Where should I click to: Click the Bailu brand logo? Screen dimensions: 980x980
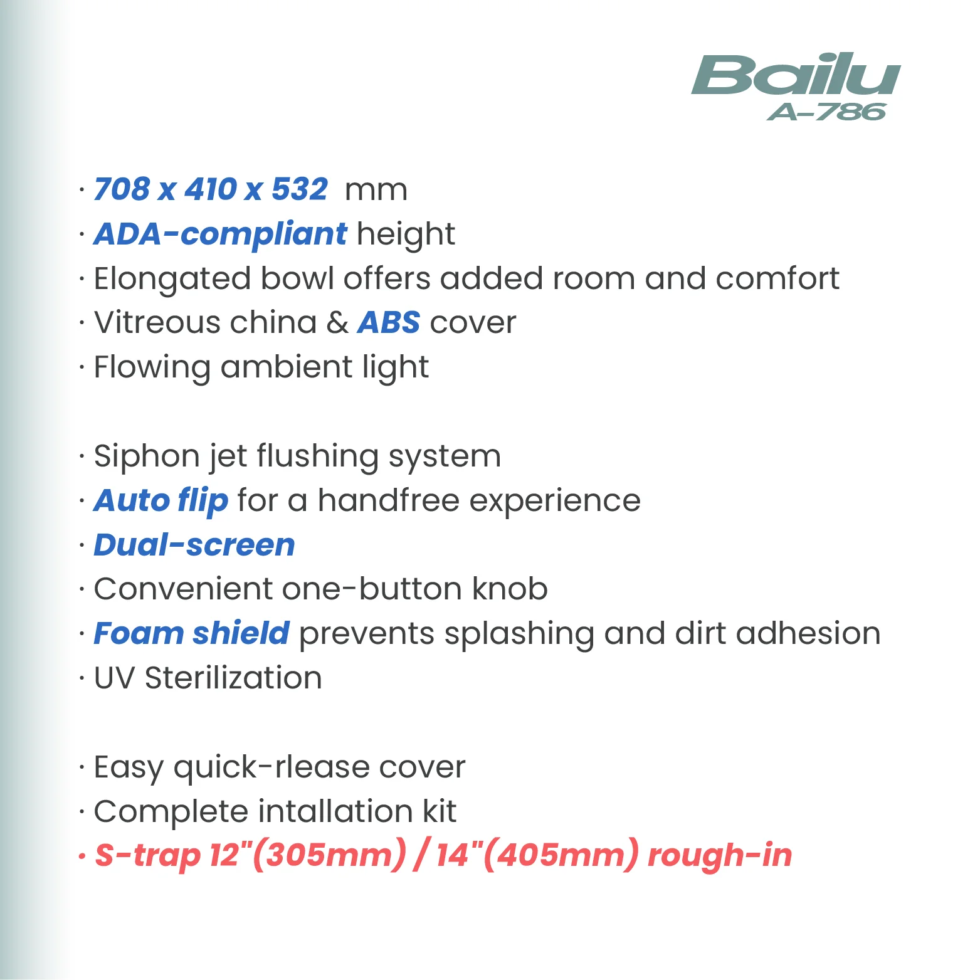click(x=796, y=75)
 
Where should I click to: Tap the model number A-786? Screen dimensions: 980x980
click(x=826, y=112)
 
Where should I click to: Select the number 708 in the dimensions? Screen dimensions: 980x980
click(x=122, y=189)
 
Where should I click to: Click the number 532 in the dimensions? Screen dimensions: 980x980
click(x=300, y=189)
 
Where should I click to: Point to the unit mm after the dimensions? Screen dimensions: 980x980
click(x=376, y=191)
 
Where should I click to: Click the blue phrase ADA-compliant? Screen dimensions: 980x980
click(x=219, y=234)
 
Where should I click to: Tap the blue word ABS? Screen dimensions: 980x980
click(x=388, y=323)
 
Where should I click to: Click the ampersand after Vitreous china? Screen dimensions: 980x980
click(x=337, y=323)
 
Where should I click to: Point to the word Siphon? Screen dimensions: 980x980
click(x=146, y=456)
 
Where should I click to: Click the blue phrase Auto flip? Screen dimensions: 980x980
click(x=161, y=501)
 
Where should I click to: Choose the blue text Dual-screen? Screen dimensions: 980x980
click(x=194, y=545)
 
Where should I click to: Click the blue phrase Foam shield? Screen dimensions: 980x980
click(x=191, y=633)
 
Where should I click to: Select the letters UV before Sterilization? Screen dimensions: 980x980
click(x=114, y=678)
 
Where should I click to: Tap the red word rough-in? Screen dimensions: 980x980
click(x=719, y=855)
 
